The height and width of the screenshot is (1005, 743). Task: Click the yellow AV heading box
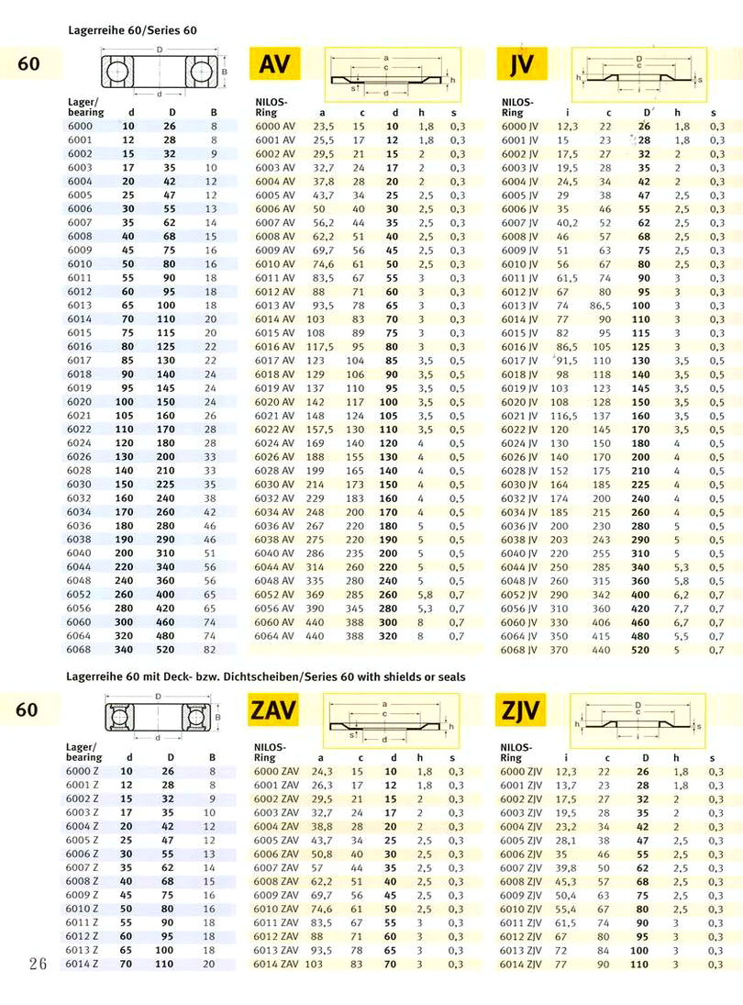click(276, 63)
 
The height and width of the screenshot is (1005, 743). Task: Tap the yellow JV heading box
click(521, 63)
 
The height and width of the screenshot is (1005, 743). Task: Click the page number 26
click(38, 964)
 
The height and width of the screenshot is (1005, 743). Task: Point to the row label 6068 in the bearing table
click(80, 649)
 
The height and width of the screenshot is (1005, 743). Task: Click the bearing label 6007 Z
click(83, 868)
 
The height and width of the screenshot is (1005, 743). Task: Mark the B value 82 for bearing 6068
click(210, 649)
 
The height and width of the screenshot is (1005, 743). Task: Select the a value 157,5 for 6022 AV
click(322, 429)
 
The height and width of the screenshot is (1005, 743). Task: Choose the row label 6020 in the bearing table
click(80, 401)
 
